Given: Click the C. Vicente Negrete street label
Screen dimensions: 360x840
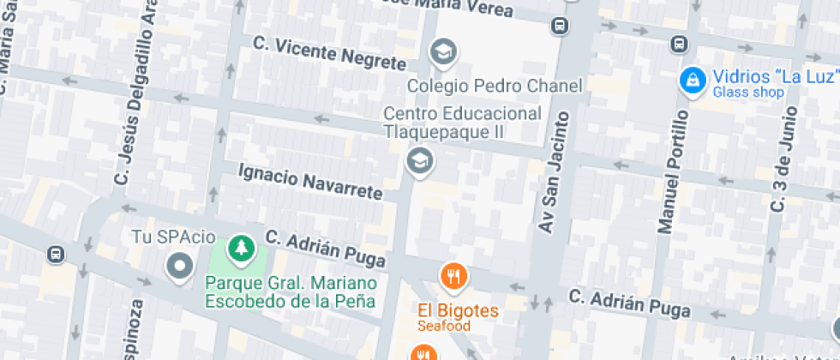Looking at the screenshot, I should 330,52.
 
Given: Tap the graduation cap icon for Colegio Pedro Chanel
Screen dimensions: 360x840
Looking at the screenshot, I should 443,53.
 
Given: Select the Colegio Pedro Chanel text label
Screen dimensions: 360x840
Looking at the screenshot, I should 495,86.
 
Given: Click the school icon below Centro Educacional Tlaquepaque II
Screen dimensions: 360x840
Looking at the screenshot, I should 419,159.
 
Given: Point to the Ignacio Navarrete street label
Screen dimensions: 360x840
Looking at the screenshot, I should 309,182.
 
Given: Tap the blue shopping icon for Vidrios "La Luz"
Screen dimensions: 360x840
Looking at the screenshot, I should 691,81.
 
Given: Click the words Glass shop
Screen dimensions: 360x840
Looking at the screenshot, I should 748,93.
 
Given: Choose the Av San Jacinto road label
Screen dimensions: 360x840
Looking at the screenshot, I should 554,171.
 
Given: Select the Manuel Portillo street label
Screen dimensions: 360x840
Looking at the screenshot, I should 673,171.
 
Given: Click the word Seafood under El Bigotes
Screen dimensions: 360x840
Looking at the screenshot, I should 444,326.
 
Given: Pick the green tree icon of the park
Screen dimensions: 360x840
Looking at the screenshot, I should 242,249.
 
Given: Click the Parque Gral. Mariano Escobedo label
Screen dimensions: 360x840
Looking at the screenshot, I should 290,292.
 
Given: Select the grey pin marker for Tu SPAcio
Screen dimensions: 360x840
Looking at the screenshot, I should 179,267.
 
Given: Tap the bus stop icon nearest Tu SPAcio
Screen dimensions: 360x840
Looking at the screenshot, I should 56,255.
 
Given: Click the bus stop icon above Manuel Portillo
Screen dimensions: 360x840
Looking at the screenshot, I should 679,43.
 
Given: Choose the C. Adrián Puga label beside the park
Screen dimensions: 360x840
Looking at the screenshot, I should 325,247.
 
